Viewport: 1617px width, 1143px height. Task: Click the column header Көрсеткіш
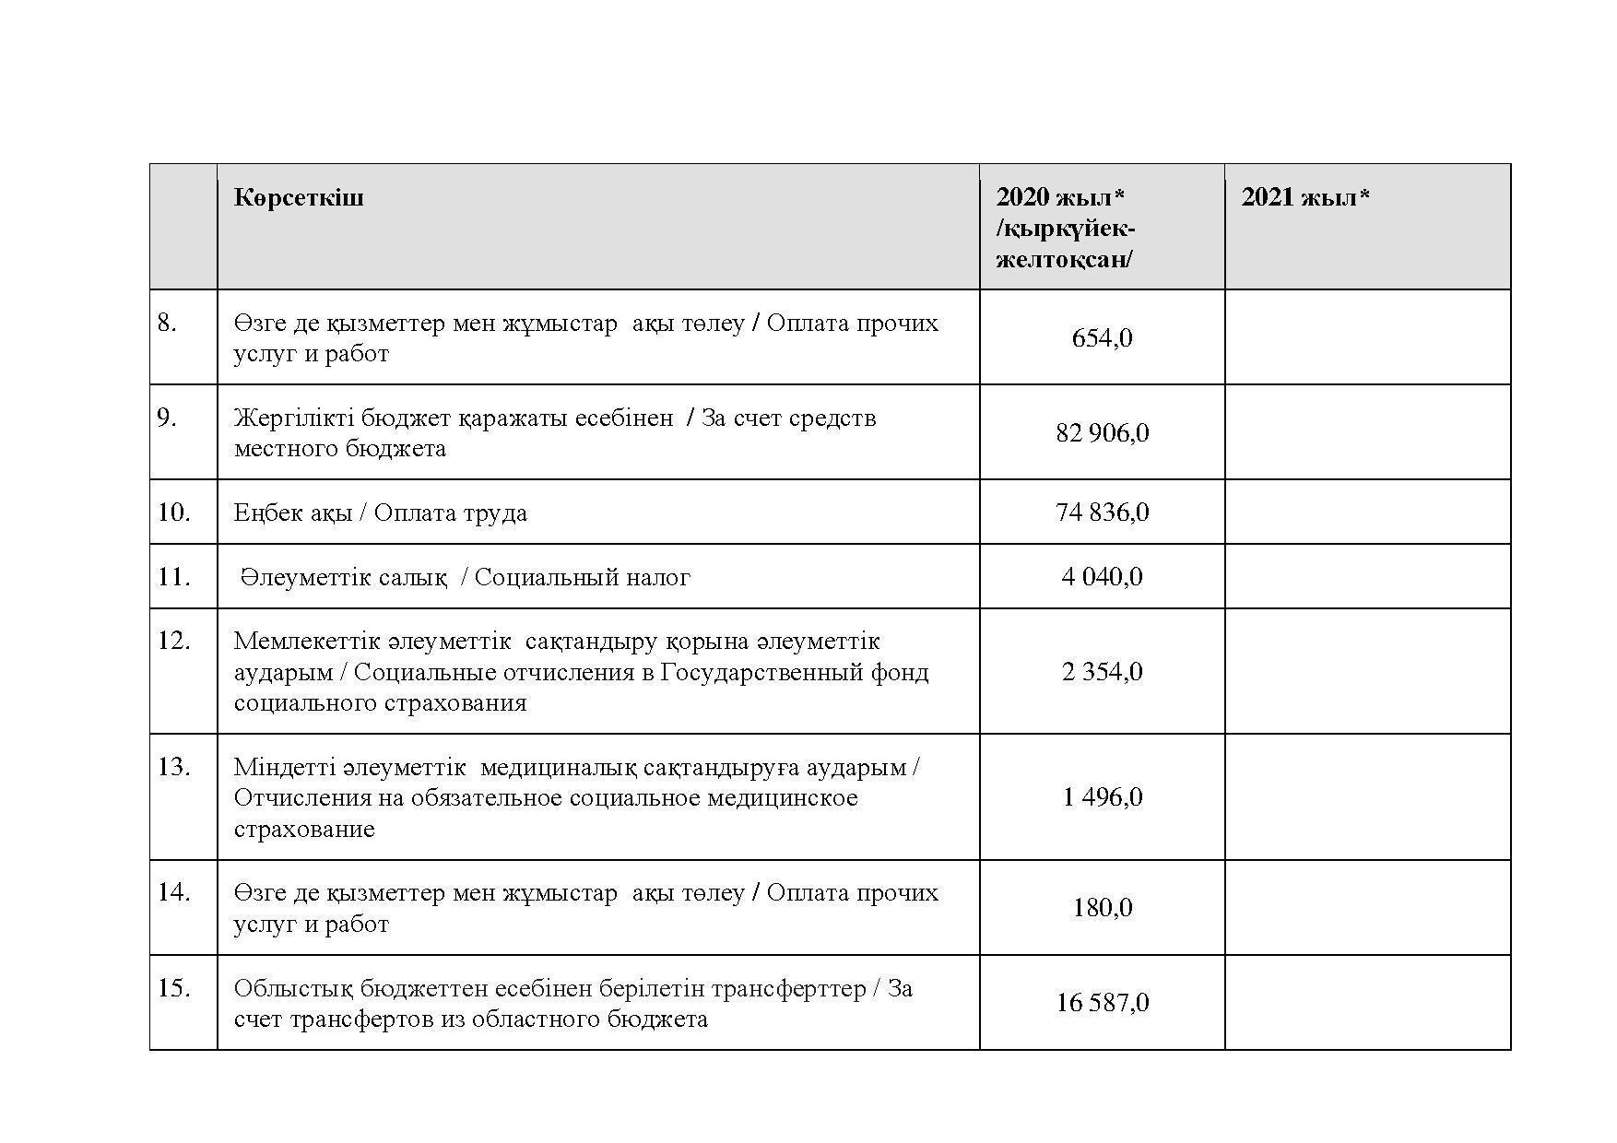pos(299,197)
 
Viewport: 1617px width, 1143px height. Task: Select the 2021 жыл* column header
pos(1304,197)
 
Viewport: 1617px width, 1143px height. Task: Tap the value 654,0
pos(1102,338)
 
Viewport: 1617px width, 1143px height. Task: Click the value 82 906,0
pos(1102,433)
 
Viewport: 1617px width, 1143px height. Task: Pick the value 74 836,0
pos(1102,513)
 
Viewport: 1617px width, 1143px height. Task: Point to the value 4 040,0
pos(1102,577)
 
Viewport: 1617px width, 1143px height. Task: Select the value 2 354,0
pos(1102,672)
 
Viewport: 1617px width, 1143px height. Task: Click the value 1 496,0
pos(1102,797)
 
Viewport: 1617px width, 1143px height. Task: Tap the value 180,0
pos(1102,908)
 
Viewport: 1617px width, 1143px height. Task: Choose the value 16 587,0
pos(1102,1003)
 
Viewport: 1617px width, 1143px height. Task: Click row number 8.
pos(167,323)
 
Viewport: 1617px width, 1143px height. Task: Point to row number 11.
pos(173,577)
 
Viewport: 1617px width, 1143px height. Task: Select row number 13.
pos(173,767)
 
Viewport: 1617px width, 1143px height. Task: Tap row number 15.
pos(173,988)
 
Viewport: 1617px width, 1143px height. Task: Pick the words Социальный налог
pos(582,578)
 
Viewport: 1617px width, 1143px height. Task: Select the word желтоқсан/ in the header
pos(1064,259)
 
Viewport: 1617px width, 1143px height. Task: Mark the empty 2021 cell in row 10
pos(1367,513)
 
